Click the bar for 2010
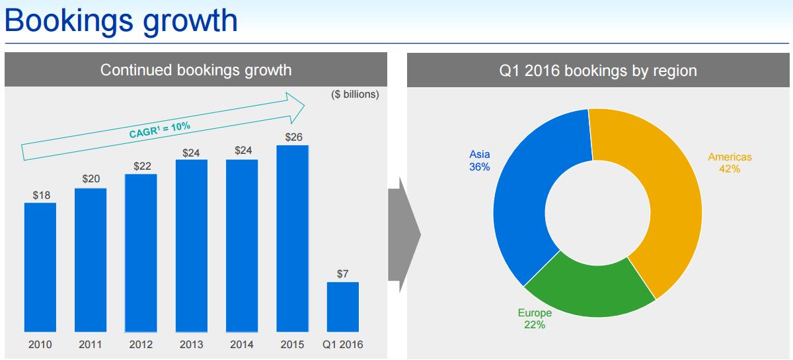click(40, 267)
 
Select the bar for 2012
click(141, 252)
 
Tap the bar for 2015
click(292, 238)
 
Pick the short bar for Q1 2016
click(342, 306)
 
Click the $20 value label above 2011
click(91, 179)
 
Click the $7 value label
click(342, 273)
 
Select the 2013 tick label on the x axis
click(192, 345)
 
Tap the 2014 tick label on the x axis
click(242, 345)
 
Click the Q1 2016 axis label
click(343, 345)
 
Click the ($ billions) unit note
click(355, 94)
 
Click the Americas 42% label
click(730, 162)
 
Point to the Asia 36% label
click(480, 161)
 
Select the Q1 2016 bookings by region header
click(598, 70)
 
